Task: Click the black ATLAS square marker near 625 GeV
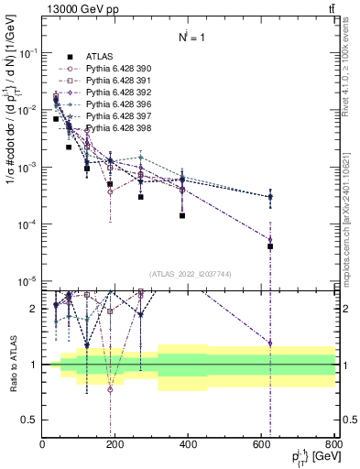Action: [270, 246]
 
